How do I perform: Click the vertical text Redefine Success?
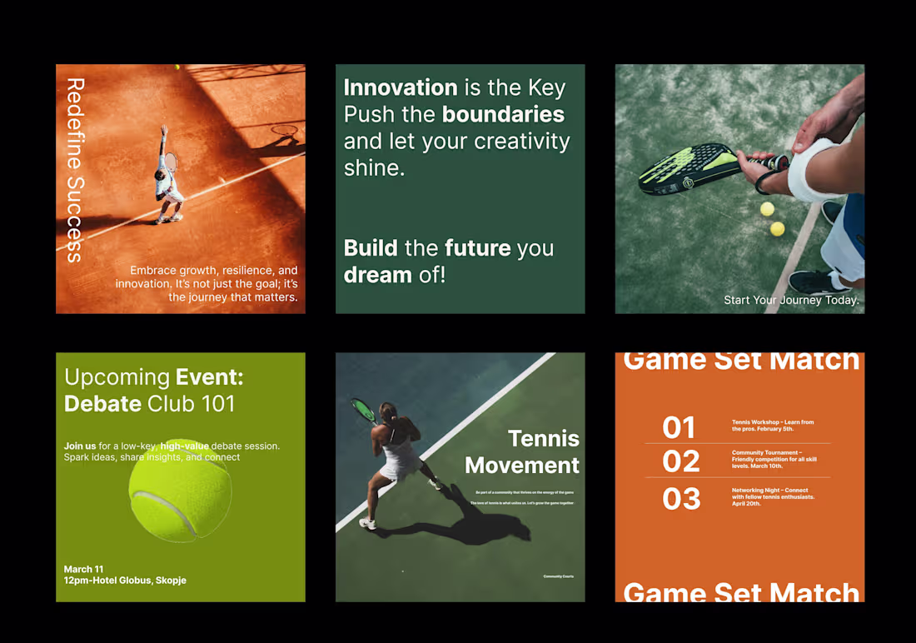tap(75, 171)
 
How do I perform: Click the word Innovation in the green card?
tap(401, 87)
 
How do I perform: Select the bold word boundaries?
tap(503, 114)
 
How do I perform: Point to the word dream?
tap(377, 274)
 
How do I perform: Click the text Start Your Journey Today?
tap(790, 300)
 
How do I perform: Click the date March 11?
tap(84, 569)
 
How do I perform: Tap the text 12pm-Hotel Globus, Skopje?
tap(125, 580)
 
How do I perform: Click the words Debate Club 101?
tap(149, 404)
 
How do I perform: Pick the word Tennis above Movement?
tap(543, 438)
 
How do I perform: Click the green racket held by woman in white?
tap(363, 409)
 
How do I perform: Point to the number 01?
tap(679, 427)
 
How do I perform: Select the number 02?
tap(680, 461)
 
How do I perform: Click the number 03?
tap(680, 498)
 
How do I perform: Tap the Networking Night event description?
tap(772, 496)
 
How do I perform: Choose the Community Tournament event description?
tap(774, 460)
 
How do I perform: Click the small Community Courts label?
tap(558, 576)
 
